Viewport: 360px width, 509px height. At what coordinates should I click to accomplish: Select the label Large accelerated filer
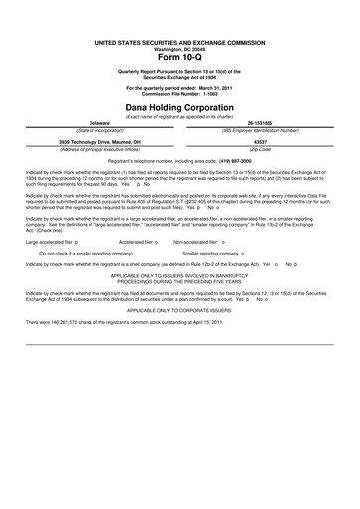50,241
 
